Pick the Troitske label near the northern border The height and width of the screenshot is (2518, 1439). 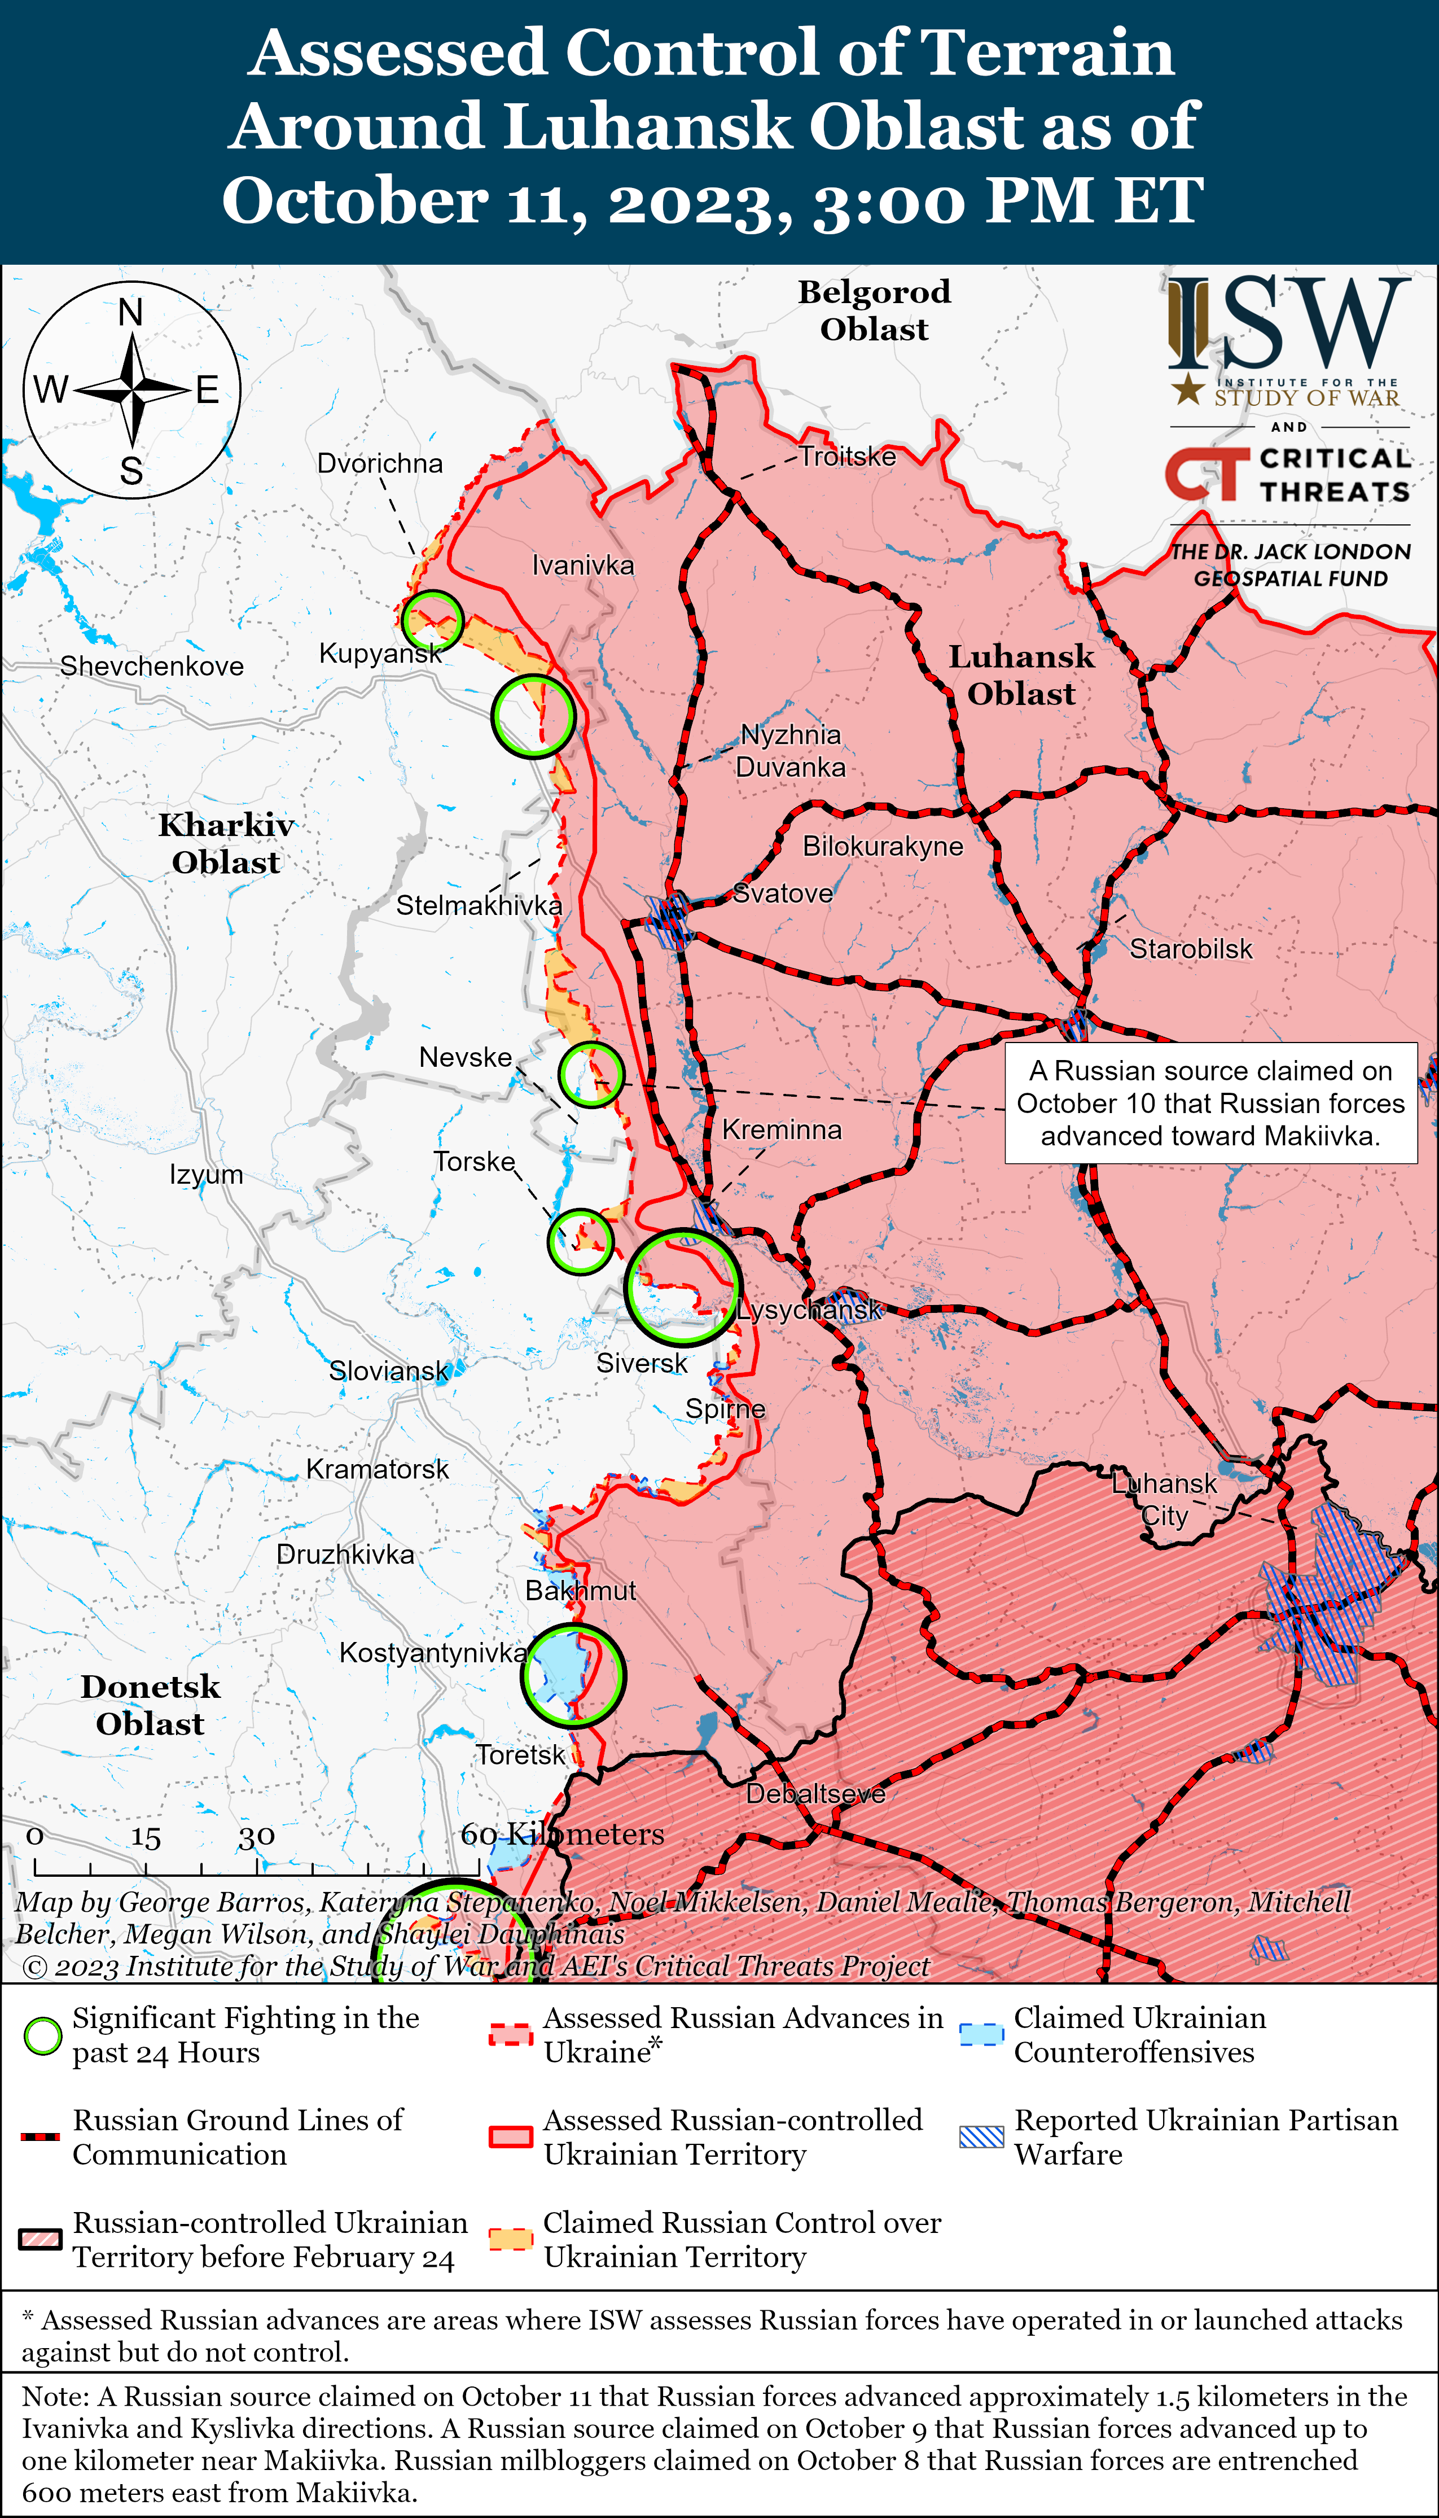847,457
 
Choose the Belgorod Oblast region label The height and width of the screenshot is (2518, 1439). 874,310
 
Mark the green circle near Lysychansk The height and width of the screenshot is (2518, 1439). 682,1287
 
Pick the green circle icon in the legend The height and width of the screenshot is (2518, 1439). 42,2036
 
